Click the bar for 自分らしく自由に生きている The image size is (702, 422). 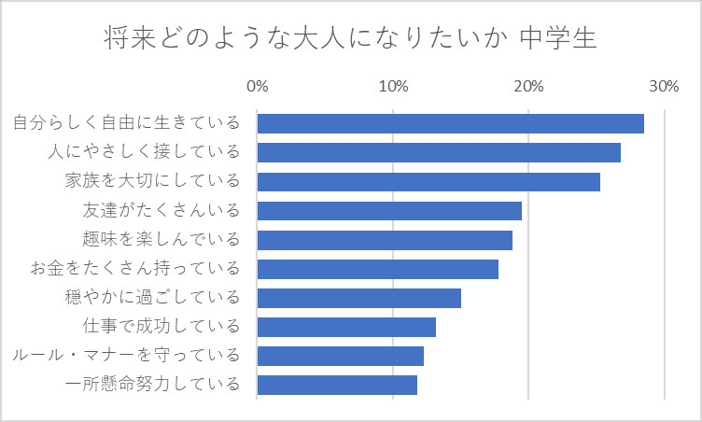click(x=450, y=123)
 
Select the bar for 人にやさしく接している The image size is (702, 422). click(x=439, y=152)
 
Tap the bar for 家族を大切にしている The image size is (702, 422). click(x=428, y=181)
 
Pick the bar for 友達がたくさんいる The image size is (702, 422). click(x=389, y=211)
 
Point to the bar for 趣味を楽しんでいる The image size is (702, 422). click(x=385, y=240)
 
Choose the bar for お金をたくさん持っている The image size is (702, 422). click(x=378, y=269)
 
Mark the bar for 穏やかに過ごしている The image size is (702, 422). click(x=359, y=298)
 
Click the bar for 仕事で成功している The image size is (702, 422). click(x=346, y=327)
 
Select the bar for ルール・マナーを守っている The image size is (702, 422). click(x=341, y=356)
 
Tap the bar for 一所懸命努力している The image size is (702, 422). click(x=337, y=385)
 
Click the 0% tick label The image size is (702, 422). click(x=257, y=87)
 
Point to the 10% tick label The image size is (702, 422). click(x=393, y=87)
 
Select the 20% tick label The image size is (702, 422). click(x=528, y=87)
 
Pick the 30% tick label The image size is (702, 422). click(x=664, y=87)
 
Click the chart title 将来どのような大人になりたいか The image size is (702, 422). click(x=302, y=40)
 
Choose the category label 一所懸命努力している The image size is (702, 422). click(x=152, y=384)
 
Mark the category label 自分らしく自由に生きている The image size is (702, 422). click(x=125, y=123)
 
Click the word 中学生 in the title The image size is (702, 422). click(x=557, y=40)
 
